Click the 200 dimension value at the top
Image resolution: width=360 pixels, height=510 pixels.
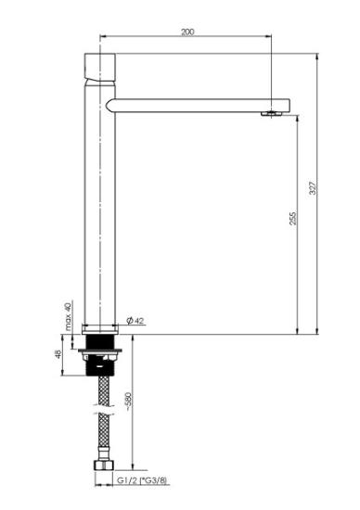click(187, 32)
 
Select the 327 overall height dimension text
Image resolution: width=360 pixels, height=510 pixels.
click(313, 188)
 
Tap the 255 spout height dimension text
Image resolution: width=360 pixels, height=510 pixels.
click(293, 218)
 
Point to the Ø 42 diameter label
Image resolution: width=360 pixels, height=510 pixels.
click(135, 321)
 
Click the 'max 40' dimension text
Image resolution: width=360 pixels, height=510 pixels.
click(68, 316)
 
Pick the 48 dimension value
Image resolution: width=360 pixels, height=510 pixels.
click(58, 354)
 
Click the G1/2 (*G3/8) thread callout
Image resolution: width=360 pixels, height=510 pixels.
click(142, 480)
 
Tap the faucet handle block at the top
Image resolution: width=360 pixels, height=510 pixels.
click(100, 68)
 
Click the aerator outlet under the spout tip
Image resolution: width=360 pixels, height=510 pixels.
click(272, 113)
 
